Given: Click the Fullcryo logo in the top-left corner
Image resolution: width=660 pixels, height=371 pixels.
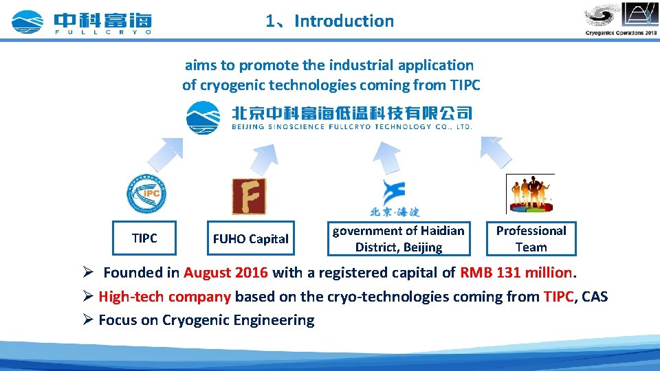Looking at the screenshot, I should [x=81, y=22].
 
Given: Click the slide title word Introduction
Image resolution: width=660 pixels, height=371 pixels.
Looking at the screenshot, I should [x=344, y=21].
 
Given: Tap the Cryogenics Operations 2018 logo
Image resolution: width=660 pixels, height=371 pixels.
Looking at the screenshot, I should [x=621, y=19].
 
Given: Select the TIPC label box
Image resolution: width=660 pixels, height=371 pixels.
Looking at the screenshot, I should [x=144, y=238].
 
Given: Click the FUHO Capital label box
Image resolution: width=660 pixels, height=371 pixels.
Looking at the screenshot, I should [x=250, y=238].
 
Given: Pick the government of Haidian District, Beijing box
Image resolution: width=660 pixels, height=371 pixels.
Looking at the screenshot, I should [x=398, y=238].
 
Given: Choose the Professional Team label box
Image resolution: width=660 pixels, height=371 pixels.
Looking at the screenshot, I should [x=531, y=238].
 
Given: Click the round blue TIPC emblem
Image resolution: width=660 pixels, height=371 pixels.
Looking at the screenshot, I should [x=146, y=194].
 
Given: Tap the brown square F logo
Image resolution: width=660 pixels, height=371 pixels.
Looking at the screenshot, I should [x=249, y=196].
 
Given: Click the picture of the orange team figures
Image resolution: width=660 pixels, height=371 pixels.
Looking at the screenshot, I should [x=530, y=194].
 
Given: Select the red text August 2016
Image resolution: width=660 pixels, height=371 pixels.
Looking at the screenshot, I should [x=225, y=272].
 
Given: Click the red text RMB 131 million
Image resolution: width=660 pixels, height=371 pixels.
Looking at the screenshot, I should [x=516, y=272].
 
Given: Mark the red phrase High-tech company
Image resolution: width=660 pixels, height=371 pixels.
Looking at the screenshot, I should [x=164, y=297].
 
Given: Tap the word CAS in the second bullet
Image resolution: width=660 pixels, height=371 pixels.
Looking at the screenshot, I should [x=594, y=297].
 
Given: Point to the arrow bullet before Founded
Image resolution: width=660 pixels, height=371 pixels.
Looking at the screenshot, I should [x=87, y=272].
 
